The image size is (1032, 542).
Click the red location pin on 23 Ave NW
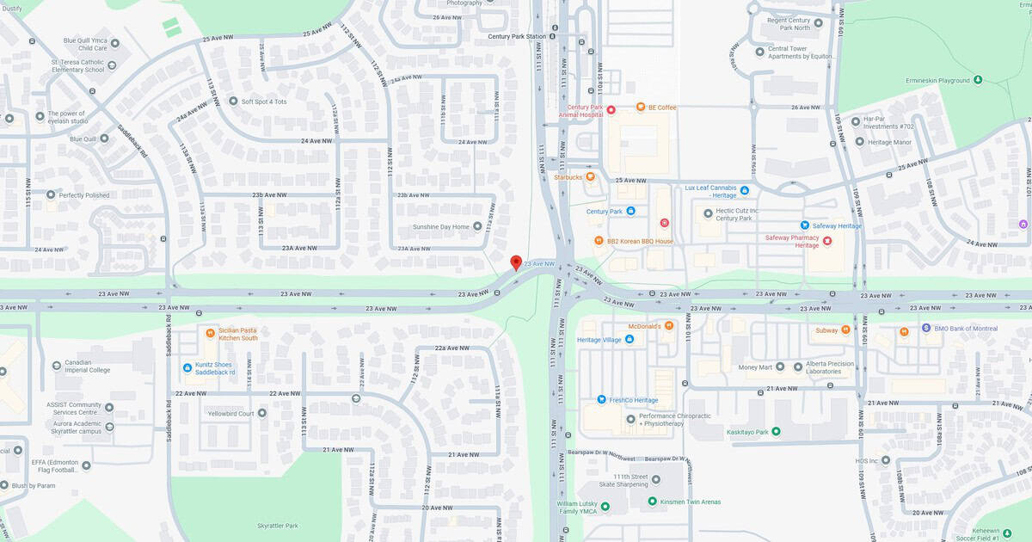516,262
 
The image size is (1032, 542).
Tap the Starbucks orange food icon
590,177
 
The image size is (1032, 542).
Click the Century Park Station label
517,36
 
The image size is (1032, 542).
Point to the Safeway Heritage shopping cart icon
806,225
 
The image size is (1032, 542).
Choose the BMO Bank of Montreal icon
926,328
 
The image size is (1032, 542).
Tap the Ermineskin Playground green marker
977,80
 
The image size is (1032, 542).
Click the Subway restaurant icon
846,330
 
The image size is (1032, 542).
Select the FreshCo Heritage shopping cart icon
602,400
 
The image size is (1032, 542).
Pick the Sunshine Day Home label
441,226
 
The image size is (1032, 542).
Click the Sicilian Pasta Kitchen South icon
211,333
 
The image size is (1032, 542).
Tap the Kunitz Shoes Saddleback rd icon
187,367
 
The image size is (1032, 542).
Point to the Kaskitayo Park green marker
776,431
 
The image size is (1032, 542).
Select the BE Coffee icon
641,107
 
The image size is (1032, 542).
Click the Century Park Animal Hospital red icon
611,109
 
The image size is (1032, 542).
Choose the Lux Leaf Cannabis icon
745,190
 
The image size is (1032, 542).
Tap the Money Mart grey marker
780,366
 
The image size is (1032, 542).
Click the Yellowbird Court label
230,414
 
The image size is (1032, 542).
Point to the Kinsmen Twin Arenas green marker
653,501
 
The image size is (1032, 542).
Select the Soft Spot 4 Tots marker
233,101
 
